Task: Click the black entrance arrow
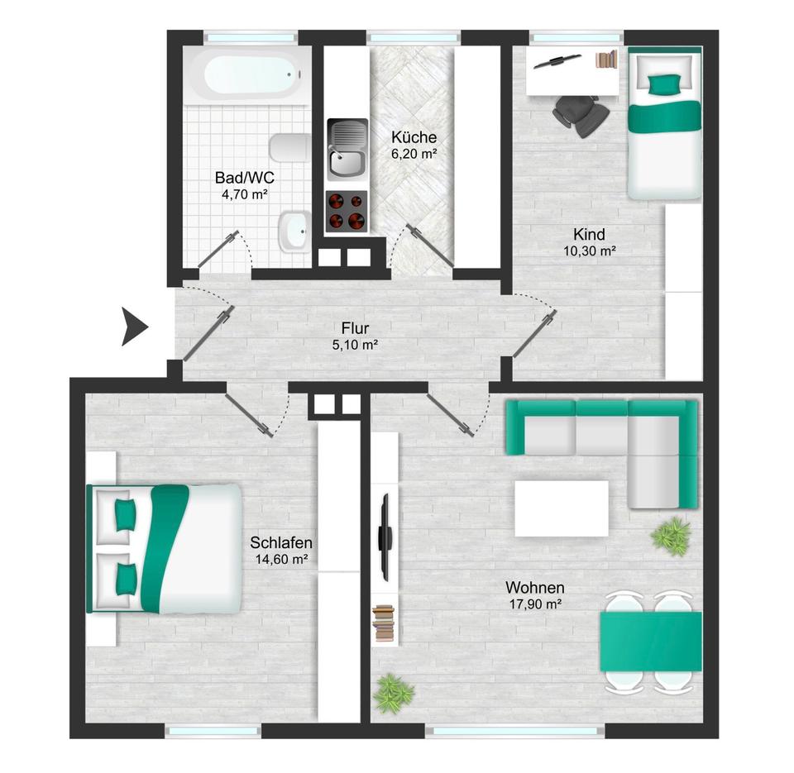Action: [134, 326]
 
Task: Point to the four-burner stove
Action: [347, 211]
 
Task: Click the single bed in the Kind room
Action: [664, 124]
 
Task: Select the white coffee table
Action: [562, 507]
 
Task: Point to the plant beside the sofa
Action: [670, 536]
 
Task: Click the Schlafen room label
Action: [280, 543]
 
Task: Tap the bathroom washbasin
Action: [294, 231]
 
